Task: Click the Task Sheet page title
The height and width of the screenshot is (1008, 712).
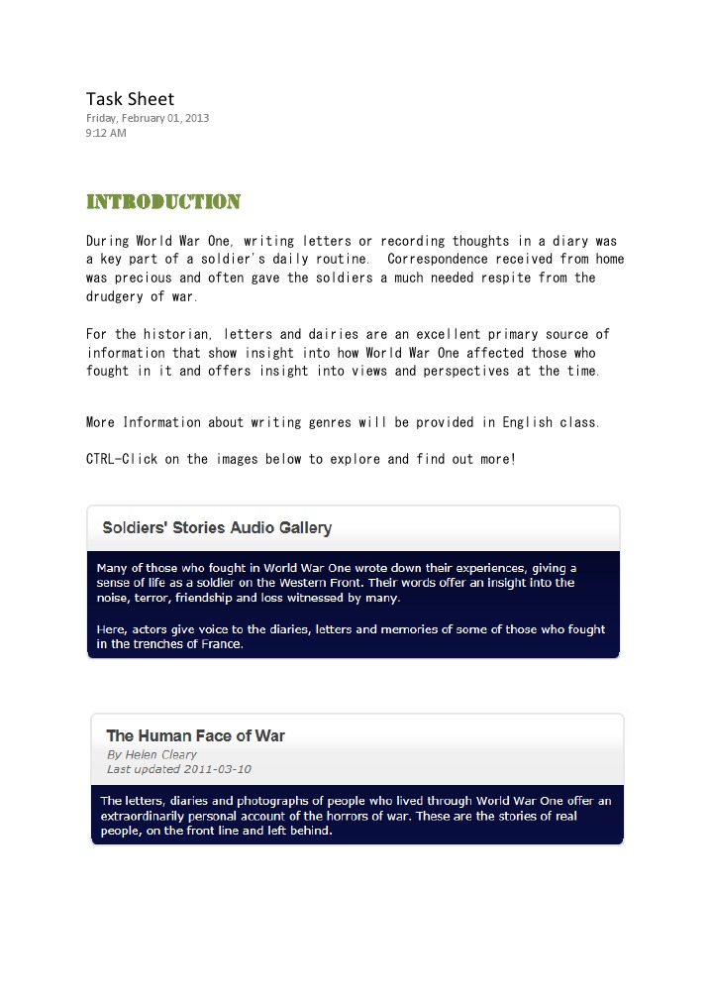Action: (130, 98)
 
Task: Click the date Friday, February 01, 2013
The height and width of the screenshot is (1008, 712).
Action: (148, 118)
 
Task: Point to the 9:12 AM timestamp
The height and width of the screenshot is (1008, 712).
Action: (106, 133)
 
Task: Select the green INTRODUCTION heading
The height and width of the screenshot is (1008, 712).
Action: (163, 202)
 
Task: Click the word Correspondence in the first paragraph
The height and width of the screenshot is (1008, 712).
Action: (437, 260)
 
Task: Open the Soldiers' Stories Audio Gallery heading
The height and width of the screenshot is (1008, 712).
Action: (217, 527)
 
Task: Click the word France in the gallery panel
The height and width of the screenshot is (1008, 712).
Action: (220, 644)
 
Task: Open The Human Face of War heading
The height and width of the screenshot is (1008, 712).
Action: (195, 735)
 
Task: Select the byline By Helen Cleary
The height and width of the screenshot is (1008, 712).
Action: (152, 754)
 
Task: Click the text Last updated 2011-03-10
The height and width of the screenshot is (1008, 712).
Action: (179, 768)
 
